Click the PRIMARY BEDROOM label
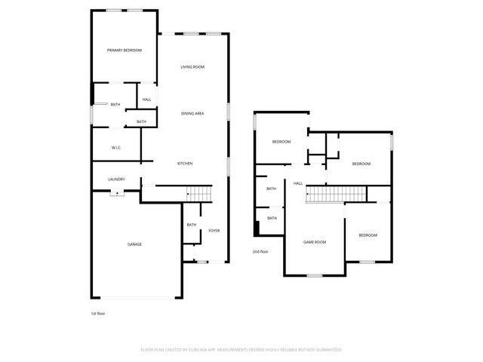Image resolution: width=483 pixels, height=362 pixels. tap(125, 51)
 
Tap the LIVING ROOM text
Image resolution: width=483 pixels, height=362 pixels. tap(192, 67)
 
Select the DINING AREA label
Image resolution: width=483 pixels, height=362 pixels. tap(192, 113)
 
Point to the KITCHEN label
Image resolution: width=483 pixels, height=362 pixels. tap(185, 164)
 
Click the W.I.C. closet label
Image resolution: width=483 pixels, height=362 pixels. tap(117, 148)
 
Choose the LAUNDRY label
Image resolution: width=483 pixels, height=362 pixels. tap(116, 179)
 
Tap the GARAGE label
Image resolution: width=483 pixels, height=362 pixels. tap(134, 244)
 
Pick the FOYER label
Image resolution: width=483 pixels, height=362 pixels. tap(214, 230)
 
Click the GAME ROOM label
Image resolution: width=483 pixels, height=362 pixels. tap(314, 242)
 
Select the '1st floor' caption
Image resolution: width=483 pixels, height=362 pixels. tap(98, 312)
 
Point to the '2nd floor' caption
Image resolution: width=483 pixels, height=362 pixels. tap(260, 251)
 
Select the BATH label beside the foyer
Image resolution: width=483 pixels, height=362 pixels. tap(192, 224)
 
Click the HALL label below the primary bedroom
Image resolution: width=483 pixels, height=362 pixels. tap(146, 100)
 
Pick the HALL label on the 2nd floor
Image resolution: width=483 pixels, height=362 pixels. tap(298, 183)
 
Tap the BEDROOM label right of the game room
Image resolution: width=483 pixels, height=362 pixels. tap(368, 235)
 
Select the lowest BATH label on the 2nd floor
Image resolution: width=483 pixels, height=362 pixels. tap(272, 218)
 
